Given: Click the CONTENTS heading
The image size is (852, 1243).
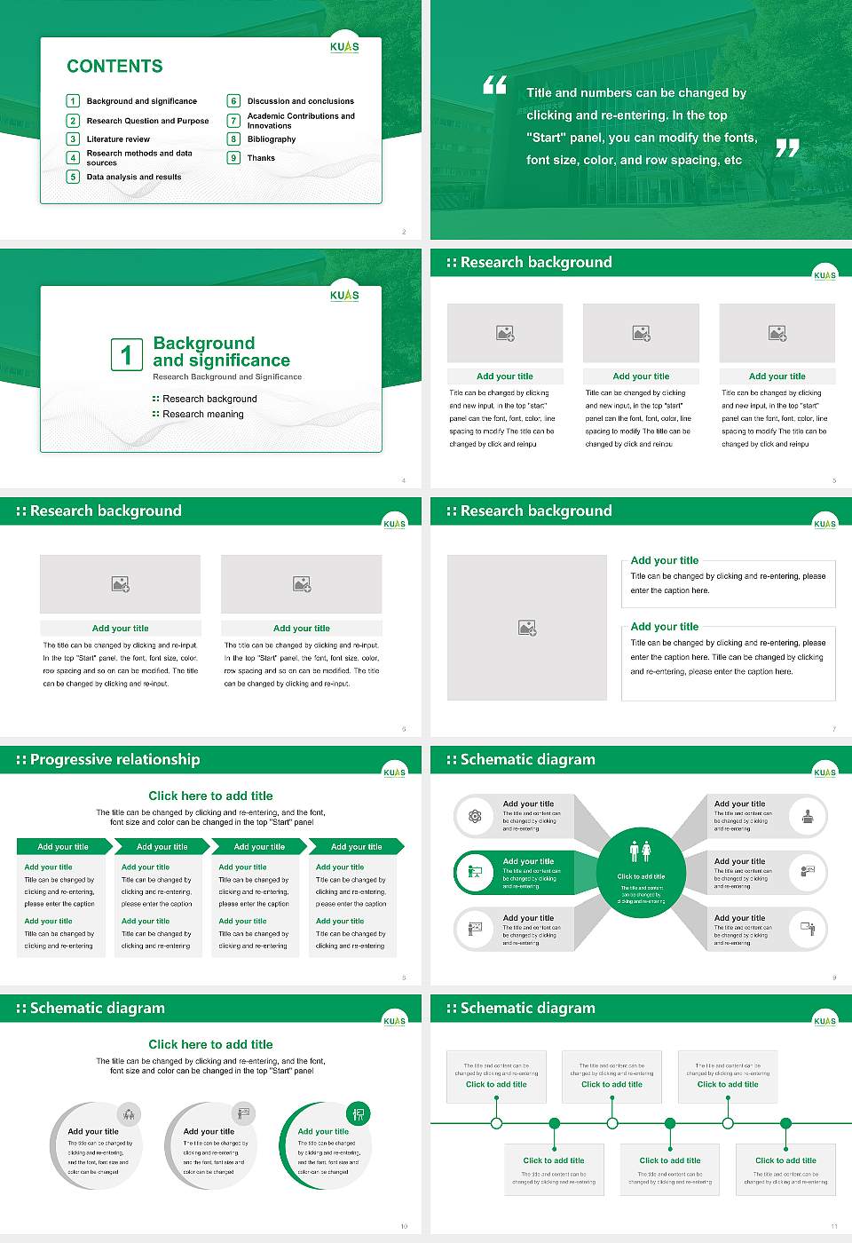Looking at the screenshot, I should (x=114, y=67).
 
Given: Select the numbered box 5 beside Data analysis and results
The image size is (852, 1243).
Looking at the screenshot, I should (x=74, y=177).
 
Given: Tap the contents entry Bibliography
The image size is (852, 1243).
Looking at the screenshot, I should (x=272, y=139).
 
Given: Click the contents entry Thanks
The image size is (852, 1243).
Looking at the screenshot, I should (x=261, y=158).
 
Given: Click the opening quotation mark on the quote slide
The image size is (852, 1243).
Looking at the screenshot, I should (x=494, y=85).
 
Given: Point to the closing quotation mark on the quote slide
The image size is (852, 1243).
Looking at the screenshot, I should (x=787, y=148).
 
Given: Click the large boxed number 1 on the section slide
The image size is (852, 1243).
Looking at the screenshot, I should (x=126, y=354).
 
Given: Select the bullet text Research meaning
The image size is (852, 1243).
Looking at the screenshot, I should (x=202, y=415).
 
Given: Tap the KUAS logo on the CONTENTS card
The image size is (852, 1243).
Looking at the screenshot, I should (x=344, y=47).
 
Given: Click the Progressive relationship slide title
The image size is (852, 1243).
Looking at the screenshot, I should (x=114, y=760).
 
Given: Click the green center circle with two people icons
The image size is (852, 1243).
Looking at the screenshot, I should (x=641, y=871).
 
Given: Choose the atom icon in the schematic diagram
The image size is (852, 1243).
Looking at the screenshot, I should (x=475, y=816).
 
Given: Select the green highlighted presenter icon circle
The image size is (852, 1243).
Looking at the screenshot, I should (x=475, y=873).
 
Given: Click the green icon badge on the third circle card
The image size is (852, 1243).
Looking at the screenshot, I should (x=359, y=1113).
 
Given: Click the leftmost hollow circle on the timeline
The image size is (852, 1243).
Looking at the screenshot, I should (x=496, y=1123).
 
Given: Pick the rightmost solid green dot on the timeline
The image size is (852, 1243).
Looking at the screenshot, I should (x=785, y=1123).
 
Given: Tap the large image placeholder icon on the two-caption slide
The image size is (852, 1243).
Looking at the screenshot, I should (x=527, y=628).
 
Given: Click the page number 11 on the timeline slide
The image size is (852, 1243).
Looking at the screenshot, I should (x=834, y=1226).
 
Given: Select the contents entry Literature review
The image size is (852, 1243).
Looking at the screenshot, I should (x=118, y=139).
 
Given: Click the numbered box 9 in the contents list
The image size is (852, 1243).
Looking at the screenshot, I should (x=234, y=158).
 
